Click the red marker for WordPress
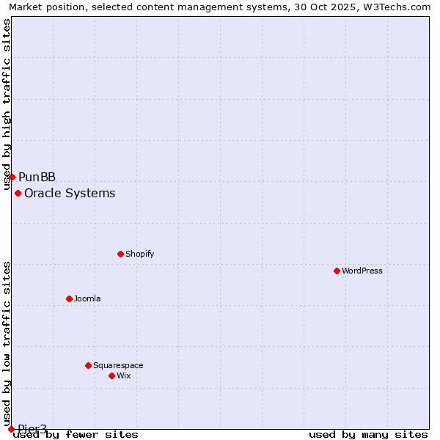click(x=337, y=271)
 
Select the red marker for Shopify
click(x=120, y=254)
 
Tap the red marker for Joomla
click(x=69, y=298)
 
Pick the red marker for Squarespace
click(x=88, y=365)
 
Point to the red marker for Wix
click(x=111, y=375)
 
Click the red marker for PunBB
click(x=12, y=177)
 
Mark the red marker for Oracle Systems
click(x=18, y=193)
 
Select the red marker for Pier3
click(x=11, y=429)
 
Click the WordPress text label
click(x=362, y=271)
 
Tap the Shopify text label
click(x=139, y=254)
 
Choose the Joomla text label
click(x=87, y=298)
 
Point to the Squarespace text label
click(x=118, y=365)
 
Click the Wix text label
click(x=123, y=375)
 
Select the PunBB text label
click(x=37, y=177)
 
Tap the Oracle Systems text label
click(x=70, y=193)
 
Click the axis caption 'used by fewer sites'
click(x=76, y=434)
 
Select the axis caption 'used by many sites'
click(x=368, y=434)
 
